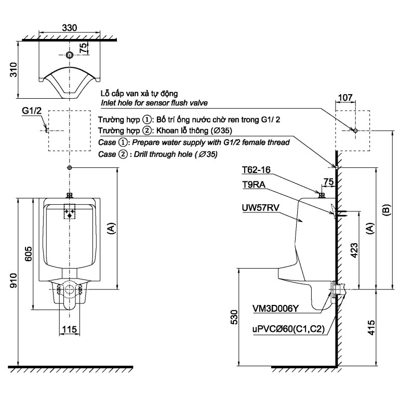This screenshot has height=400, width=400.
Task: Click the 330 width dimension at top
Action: point(70,28)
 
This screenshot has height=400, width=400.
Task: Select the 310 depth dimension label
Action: point(14,70)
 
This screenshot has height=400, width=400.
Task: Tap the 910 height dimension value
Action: point(14,281)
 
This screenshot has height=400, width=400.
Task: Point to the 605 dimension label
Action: point(28,254)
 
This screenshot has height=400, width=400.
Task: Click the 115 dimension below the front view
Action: point(70,329)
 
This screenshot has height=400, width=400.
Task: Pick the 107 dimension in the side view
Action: point(345,98)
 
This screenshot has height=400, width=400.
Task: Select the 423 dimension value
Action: point(355,250)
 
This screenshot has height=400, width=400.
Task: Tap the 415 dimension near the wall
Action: point(371,328)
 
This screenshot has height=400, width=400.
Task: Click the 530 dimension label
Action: point(234,317)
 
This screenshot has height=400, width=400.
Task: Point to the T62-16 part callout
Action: point(256,170)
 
